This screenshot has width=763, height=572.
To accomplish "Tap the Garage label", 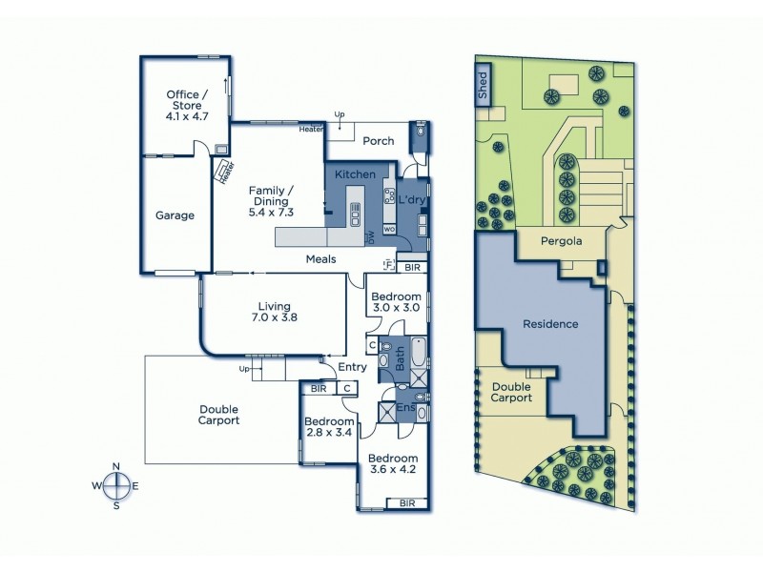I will [x=175, y=215].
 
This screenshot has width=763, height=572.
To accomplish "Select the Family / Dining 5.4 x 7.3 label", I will [x=270, y=201].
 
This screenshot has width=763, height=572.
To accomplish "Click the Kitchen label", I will [x=355, y=175].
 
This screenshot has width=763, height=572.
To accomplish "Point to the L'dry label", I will [x=411, y=200].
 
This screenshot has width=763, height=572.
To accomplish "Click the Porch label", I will [x=379, y=141].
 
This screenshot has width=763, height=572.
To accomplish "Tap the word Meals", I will [x=320, y=259].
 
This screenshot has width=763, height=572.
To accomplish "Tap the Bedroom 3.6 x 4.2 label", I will [x=393, y=461].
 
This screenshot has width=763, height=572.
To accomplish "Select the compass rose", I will [x=116, y=485].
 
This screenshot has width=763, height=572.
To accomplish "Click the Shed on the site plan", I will [x=483, y=85].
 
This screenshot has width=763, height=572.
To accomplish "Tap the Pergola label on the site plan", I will [x=561, y=241].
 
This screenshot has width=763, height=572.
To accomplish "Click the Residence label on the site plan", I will [x=550, y=324].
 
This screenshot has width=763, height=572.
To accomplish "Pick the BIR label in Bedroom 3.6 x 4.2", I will [x=407, y=502].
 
